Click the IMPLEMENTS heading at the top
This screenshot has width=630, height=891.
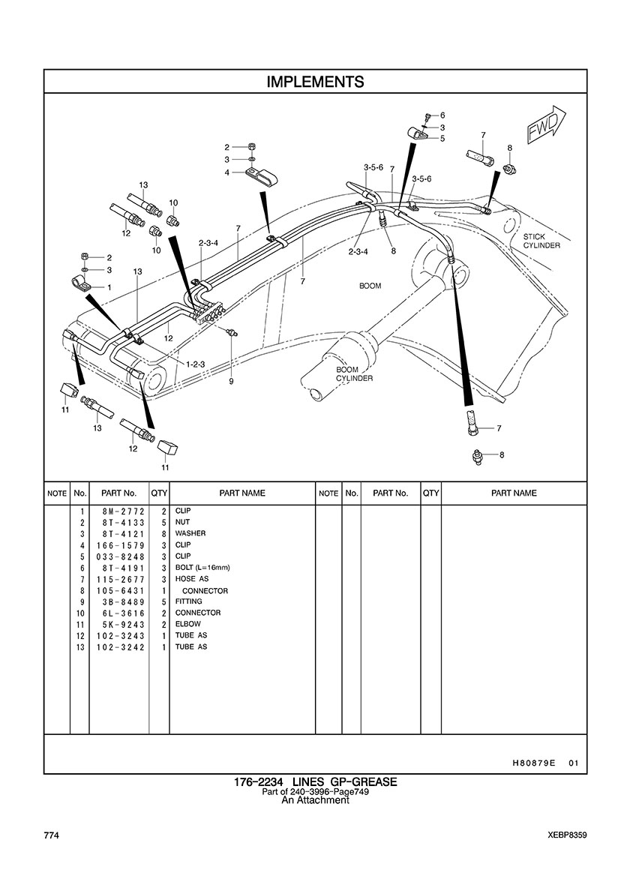tap(315, 82)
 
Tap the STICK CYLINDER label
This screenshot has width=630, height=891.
tap(541, 241)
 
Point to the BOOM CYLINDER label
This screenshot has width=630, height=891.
tap(355, 374)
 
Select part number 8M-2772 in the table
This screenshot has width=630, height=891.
tap(121, 511)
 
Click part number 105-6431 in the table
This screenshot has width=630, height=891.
tap(121, 591)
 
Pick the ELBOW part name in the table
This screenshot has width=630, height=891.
tap(188, 624)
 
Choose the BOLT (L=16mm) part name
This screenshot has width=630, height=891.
tap(202, 568)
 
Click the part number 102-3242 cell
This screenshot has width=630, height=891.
tap(121, 647)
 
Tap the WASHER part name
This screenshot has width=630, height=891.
tap(190, 533)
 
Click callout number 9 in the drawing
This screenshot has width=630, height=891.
tap(231, 382)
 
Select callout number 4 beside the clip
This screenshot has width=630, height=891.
tap(227, 172)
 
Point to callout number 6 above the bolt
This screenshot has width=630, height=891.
tap(442, 115)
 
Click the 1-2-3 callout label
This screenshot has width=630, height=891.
tap(196, 364)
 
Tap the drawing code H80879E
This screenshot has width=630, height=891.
tap(533, 763)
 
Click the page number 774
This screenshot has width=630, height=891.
tap(51, 835)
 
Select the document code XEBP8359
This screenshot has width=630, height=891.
tap(568, 835)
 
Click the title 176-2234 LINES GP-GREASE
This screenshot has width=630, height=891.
tap(315, 782)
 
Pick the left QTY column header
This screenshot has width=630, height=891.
tap(159, 493)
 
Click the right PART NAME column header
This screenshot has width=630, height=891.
tap(514, 493)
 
